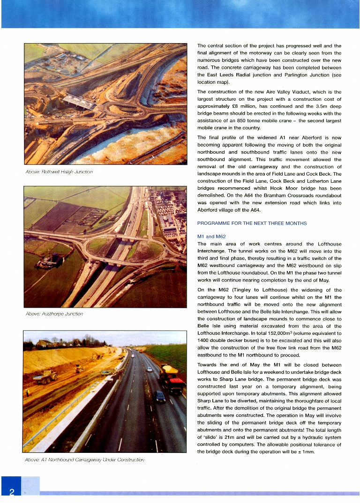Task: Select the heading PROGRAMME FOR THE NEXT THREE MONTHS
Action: (x=252, y=223)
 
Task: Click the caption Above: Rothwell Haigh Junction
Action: (x=59, y=172)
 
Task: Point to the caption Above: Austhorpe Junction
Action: (x=54, y=314)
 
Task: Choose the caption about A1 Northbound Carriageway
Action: (x=84, y=460)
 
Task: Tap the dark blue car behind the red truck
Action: (x=160, y=397)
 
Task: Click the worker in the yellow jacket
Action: (x=27, y=392)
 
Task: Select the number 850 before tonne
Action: (x=257, y=121)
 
